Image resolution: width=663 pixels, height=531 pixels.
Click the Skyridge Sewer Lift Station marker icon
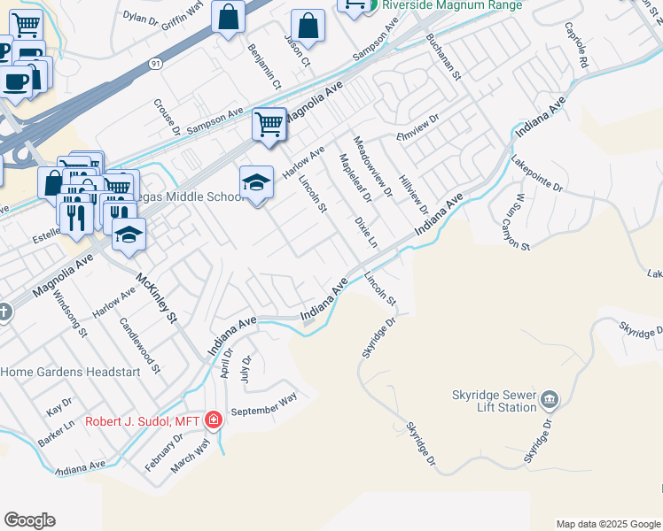pos(550,398)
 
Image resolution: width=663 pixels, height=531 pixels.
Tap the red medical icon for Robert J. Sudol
pos(213,419)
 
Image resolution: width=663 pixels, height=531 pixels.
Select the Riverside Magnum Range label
pos(452,4)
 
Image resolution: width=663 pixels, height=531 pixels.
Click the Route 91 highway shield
pos(156,64)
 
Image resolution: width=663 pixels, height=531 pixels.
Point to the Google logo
pos(29,520)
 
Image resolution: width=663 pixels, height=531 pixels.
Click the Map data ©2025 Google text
pos(607,524)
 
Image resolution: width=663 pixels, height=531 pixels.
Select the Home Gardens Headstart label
pos(70,373)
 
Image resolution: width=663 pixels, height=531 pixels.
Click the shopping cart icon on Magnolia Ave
pos(269,124)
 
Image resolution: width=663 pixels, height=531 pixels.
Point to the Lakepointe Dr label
pos(537,174)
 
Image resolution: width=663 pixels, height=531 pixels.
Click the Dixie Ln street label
pos(366,231)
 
